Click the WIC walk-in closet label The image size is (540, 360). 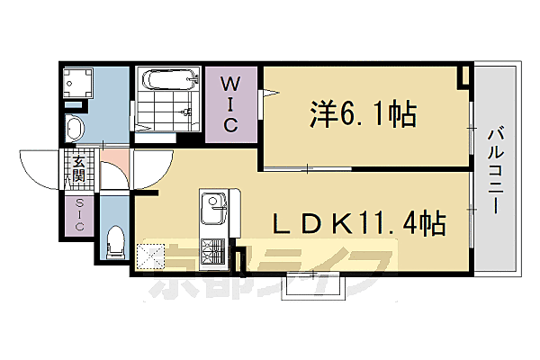point(230,103)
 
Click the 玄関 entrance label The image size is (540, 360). point(79,168)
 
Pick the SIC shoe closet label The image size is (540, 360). point(79,216)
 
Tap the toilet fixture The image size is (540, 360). point(114,239)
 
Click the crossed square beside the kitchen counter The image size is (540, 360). point(149,256)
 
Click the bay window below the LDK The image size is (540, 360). point(315,283)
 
